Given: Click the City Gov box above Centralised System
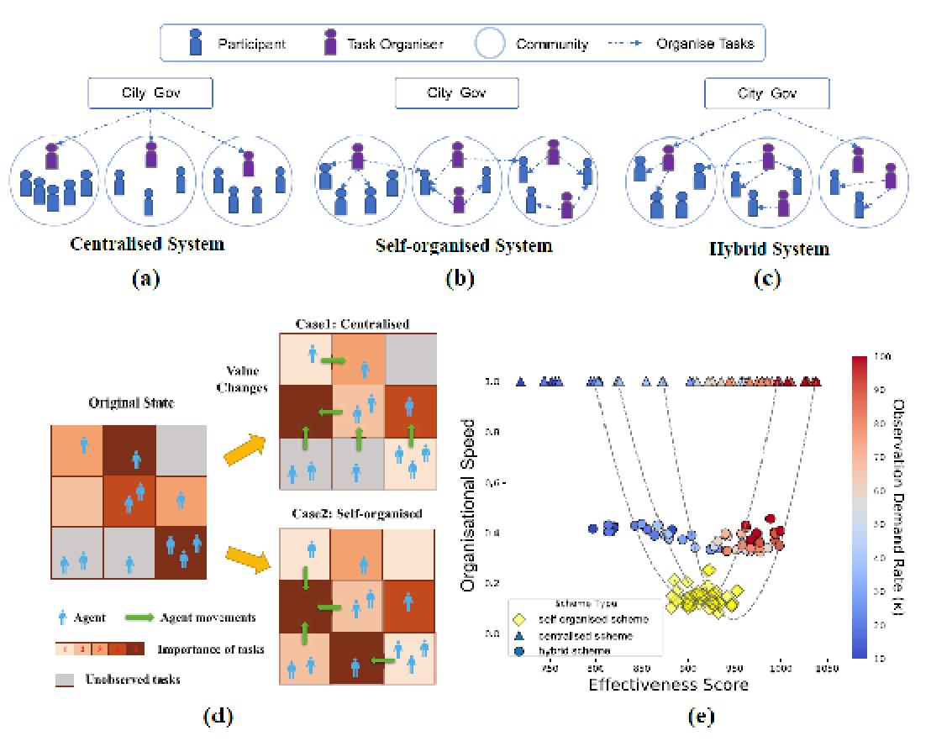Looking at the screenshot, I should point(150,92).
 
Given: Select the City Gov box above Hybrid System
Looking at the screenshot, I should point(766,93).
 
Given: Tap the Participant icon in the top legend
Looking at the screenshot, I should point(195,43).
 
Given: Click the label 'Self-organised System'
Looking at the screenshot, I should point(465,246).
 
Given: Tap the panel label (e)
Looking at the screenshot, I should point(700,716).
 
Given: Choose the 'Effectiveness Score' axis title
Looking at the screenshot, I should point(668,685).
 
